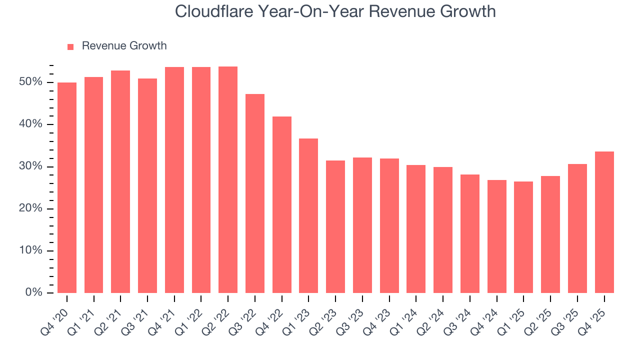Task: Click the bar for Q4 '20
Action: [x=67, y=187]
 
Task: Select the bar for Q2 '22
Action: [x=228, y=179]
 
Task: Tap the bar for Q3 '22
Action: [x=255, y=193]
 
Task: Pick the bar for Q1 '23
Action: [x=308, y=215]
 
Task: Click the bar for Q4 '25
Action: [x=604, y=222]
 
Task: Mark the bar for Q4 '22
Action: [x=282, y=204]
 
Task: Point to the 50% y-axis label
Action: [x=30, y=82]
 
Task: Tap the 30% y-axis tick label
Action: [x=30, y=166]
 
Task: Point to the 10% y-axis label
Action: [x=30, y=250]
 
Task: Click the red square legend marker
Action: [x=70, y=46]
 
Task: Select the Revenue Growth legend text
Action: [x=124, y=46]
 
